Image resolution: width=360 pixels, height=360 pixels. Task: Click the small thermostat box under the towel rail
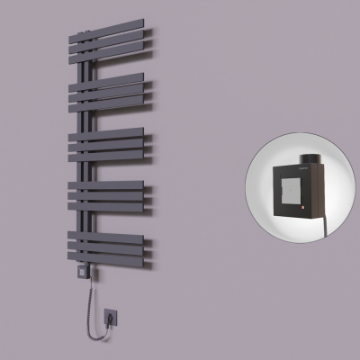pyautogui.click(x=83, y=268)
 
